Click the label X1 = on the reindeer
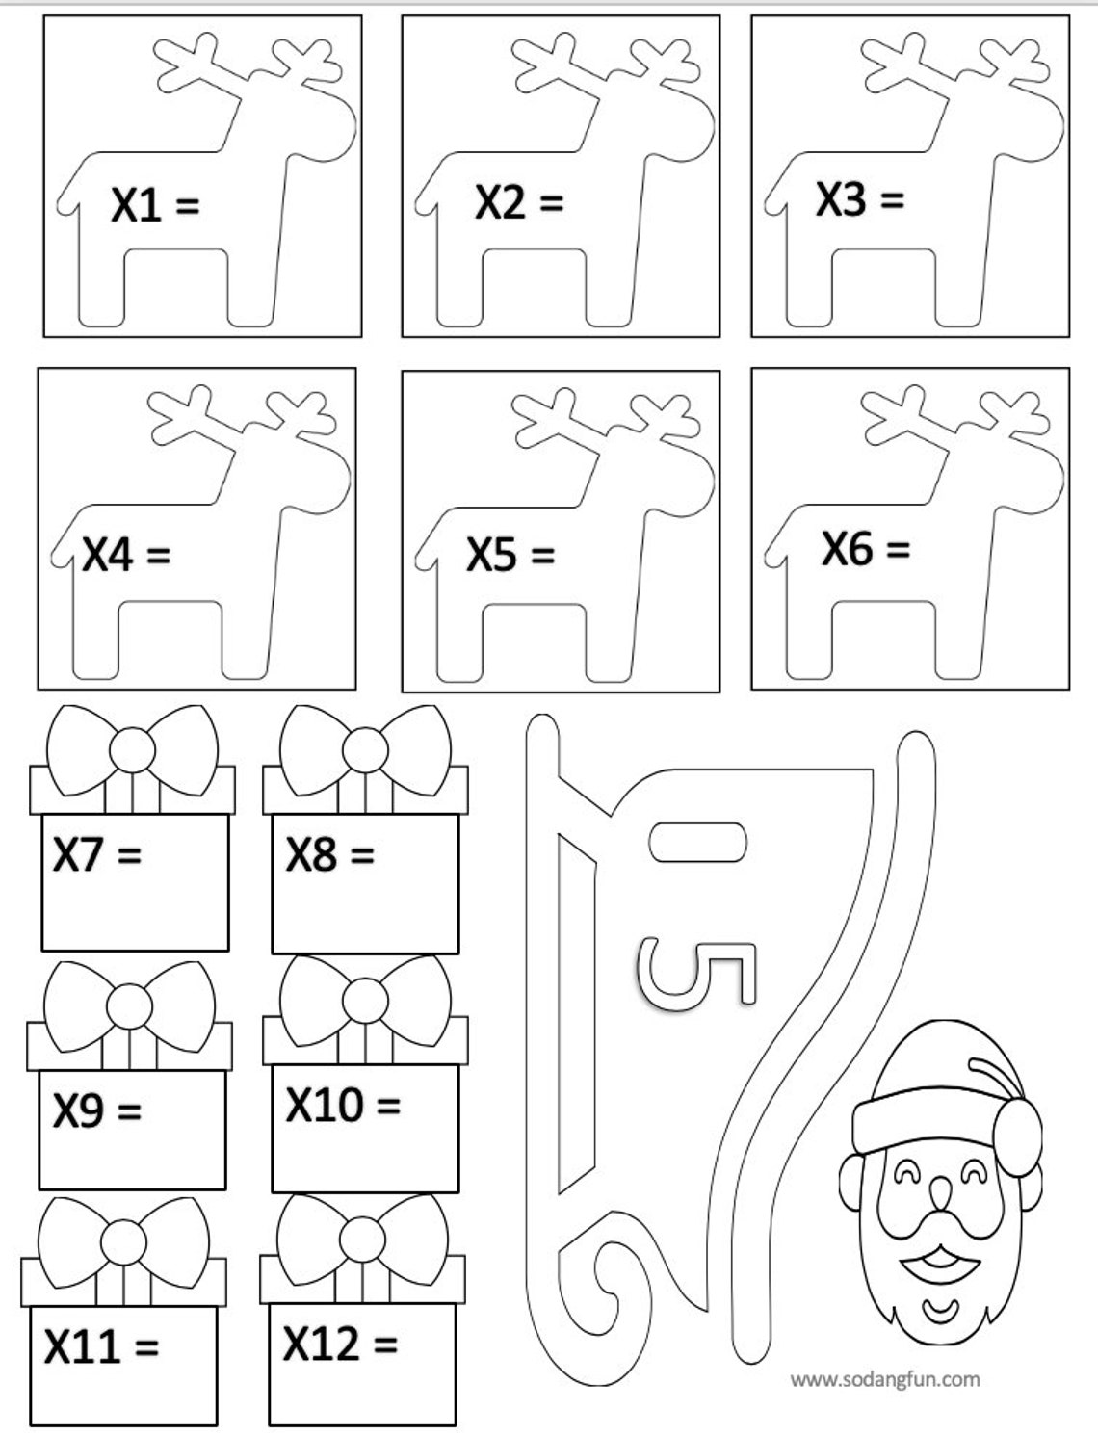click(155, 205)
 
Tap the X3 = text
click(860, 199)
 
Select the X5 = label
click(510, 555)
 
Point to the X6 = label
click(865, 549)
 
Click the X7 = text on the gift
click(96, 853)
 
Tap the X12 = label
click(340, 1343)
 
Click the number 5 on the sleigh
click(696, 975)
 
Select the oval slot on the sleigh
click(697, 842)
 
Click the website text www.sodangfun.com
click(885, 1379)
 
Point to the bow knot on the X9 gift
click(130, 1007)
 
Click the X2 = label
click(518, 202)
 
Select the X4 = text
click(125, 555)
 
